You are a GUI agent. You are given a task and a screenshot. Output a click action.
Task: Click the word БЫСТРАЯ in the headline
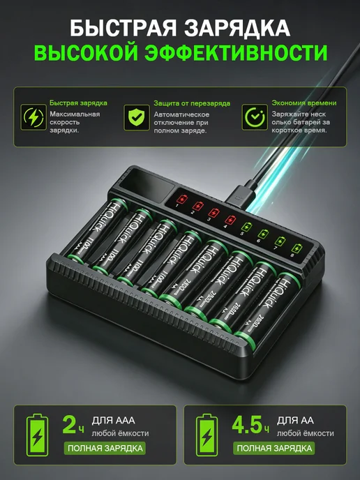click(x=123, y=28)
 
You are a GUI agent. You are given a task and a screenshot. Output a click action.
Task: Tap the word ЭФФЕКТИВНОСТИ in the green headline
click(x=236, y=52)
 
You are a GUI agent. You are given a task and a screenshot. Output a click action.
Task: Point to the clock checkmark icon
click(x=255, y=117)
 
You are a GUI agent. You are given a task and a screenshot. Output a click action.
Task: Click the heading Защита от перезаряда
click(x=192, y=103)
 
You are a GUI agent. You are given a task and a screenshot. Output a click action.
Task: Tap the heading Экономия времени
click(x=304, y=103)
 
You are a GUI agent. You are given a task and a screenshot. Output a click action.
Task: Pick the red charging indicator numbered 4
click(x=230, y=220)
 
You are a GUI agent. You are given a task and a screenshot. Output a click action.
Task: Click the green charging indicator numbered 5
click(x=246, y=227)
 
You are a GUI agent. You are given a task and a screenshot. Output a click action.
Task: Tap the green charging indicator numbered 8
click(x=296, y=248)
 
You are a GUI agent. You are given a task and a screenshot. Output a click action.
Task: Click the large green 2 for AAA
click(x=70, y=425)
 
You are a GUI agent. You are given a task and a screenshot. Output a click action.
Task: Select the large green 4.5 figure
click(x=247, y=425)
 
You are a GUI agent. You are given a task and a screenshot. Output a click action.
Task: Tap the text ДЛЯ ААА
click(x=113, y=420)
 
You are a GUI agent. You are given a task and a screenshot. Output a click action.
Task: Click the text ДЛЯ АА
click(x=295, y=420)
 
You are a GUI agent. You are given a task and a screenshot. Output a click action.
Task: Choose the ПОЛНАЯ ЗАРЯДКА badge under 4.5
click(x=274, y=448)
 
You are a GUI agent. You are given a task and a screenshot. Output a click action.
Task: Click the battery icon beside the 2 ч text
click(x=38, y=435)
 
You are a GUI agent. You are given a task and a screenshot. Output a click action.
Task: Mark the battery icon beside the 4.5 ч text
click(x=207, y=435)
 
